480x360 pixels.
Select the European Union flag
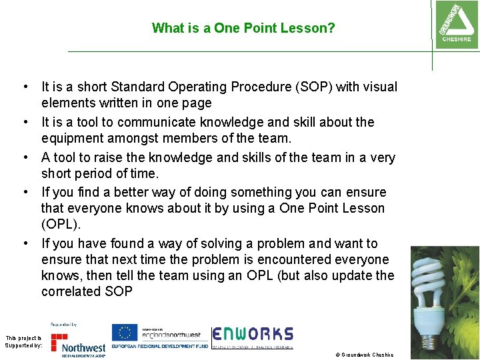click(124, 333)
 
